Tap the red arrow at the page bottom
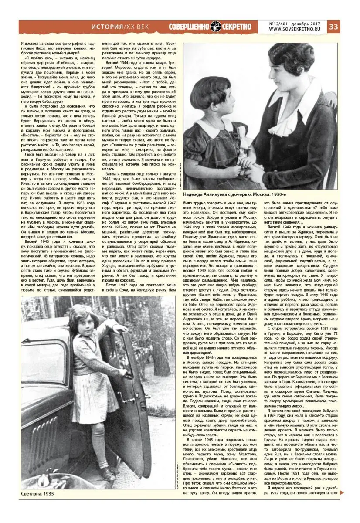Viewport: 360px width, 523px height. [x=342, y=492]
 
